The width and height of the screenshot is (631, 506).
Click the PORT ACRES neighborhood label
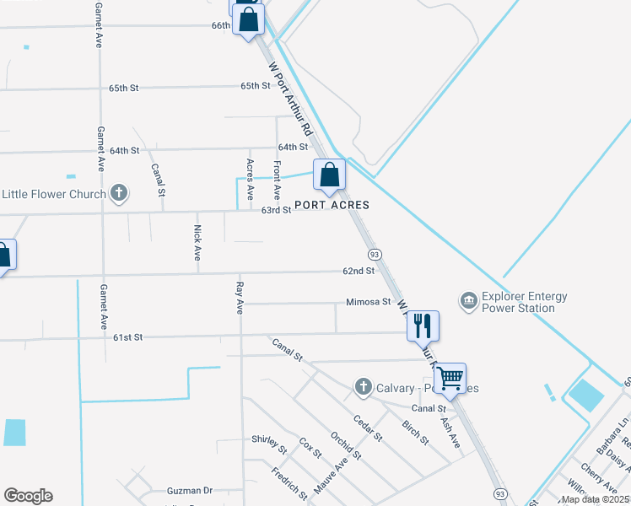332,205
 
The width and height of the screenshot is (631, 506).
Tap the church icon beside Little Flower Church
119,194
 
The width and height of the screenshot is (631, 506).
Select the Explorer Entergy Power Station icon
468,301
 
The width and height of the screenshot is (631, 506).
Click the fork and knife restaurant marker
423,324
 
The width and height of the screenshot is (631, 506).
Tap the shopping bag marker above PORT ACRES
330,175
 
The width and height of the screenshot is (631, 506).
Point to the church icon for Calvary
364,387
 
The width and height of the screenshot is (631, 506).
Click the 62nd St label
358,271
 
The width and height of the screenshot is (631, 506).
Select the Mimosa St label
369,302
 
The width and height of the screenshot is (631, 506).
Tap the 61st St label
127,337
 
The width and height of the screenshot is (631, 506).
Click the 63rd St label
276,210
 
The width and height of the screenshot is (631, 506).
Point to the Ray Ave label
240,299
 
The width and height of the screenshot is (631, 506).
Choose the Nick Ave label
197,242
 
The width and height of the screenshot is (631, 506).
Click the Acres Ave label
250,179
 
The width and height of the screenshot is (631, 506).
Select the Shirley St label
270,439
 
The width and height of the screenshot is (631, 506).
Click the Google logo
28,496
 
